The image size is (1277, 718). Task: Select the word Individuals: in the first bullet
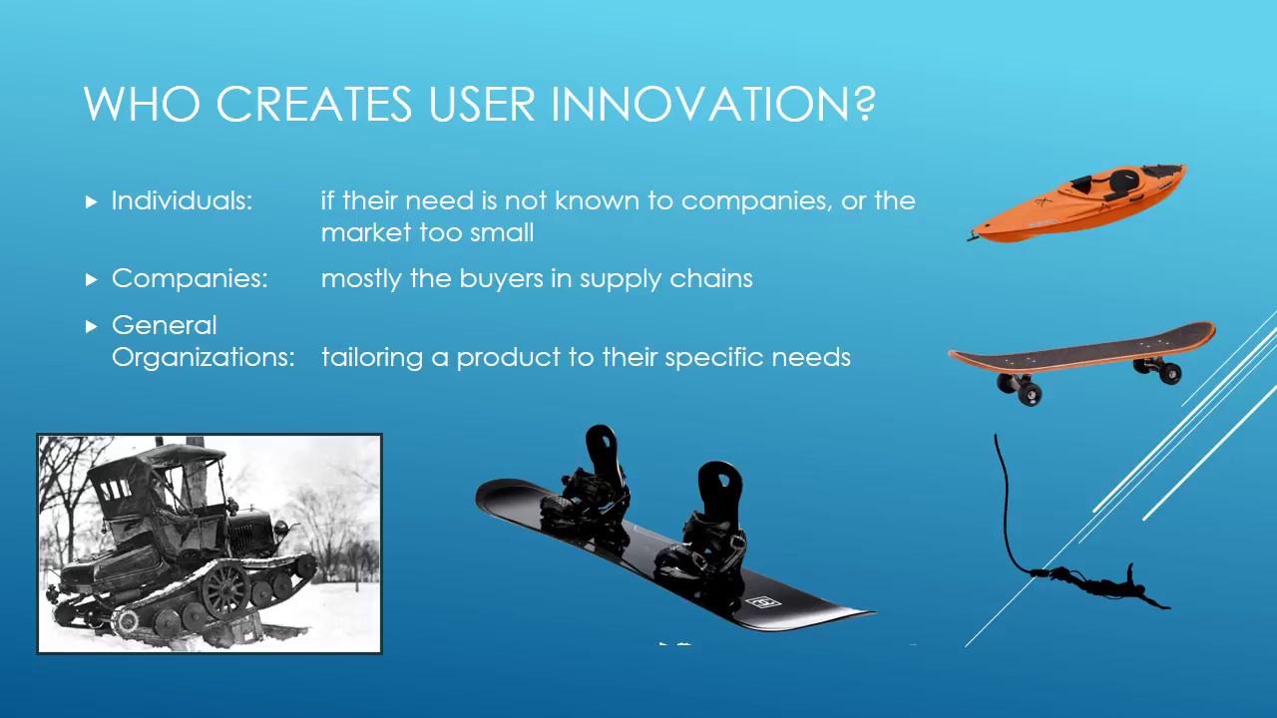pyautogui.click(x=182, y=200)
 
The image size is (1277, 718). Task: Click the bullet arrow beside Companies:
pyautogui.click(x=92, y=279)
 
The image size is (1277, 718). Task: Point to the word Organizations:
pyautogui.click(x=203, y=357)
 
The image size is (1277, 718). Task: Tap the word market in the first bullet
pyautogui.click(x=363, y=233)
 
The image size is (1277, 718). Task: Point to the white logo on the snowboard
pyautogui.click(x=762, y=602)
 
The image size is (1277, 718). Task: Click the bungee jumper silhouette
pyautogui.click(x=1097, y=582)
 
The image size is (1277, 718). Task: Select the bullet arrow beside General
pyautogui.click(x=92, y=326)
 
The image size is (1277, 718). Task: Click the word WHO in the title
pyautogui.click(x=144, y=104)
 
